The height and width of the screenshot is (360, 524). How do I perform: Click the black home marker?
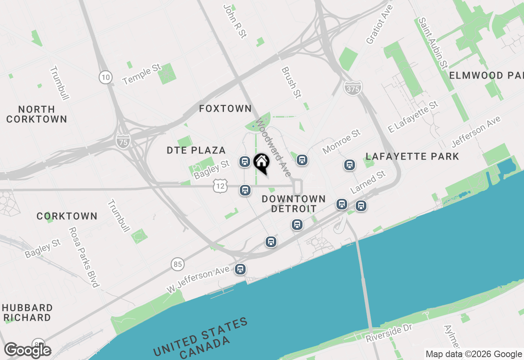pyautogui.click(x=261, y=162)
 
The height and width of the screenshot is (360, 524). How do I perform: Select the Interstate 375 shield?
pyautogui.click(x=352, y=88)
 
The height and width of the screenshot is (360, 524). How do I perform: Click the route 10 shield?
pyautogui.click(x=106, y=76)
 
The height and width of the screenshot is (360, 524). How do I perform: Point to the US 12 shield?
pyautogui.click(x=220, y=187)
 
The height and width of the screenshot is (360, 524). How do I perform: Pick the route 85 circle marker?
pyautogui.click(x=178, y=264)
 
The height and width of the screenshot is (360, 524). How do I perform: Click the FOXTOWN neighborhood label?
pyautogui.click(x=225, y=108)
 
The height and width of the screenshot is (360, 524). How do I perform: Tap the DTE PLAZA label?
pyautogui.click(x=196, y=150)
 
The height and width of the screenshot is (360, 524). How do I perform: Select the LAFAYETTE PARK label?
pyautogui.click(x=412, y=156)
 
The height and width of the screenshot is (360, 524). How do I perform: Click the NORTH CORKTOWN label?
pyautogui.click(x=36, y=114)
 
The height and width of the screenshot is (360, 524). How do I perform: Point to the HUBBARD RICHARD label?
pyautogui.click(x=28, y=313)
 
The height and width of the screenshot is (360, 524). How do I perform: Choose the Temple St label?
pyautogui.click(x=142, y=74)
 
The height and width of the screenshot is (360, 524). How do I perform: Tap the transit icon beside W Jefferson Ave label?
pyautogui.click(x=240, y=269)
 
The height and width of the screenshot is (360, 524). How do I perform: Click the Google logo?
pyautogui.click(x=28, y=351)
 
